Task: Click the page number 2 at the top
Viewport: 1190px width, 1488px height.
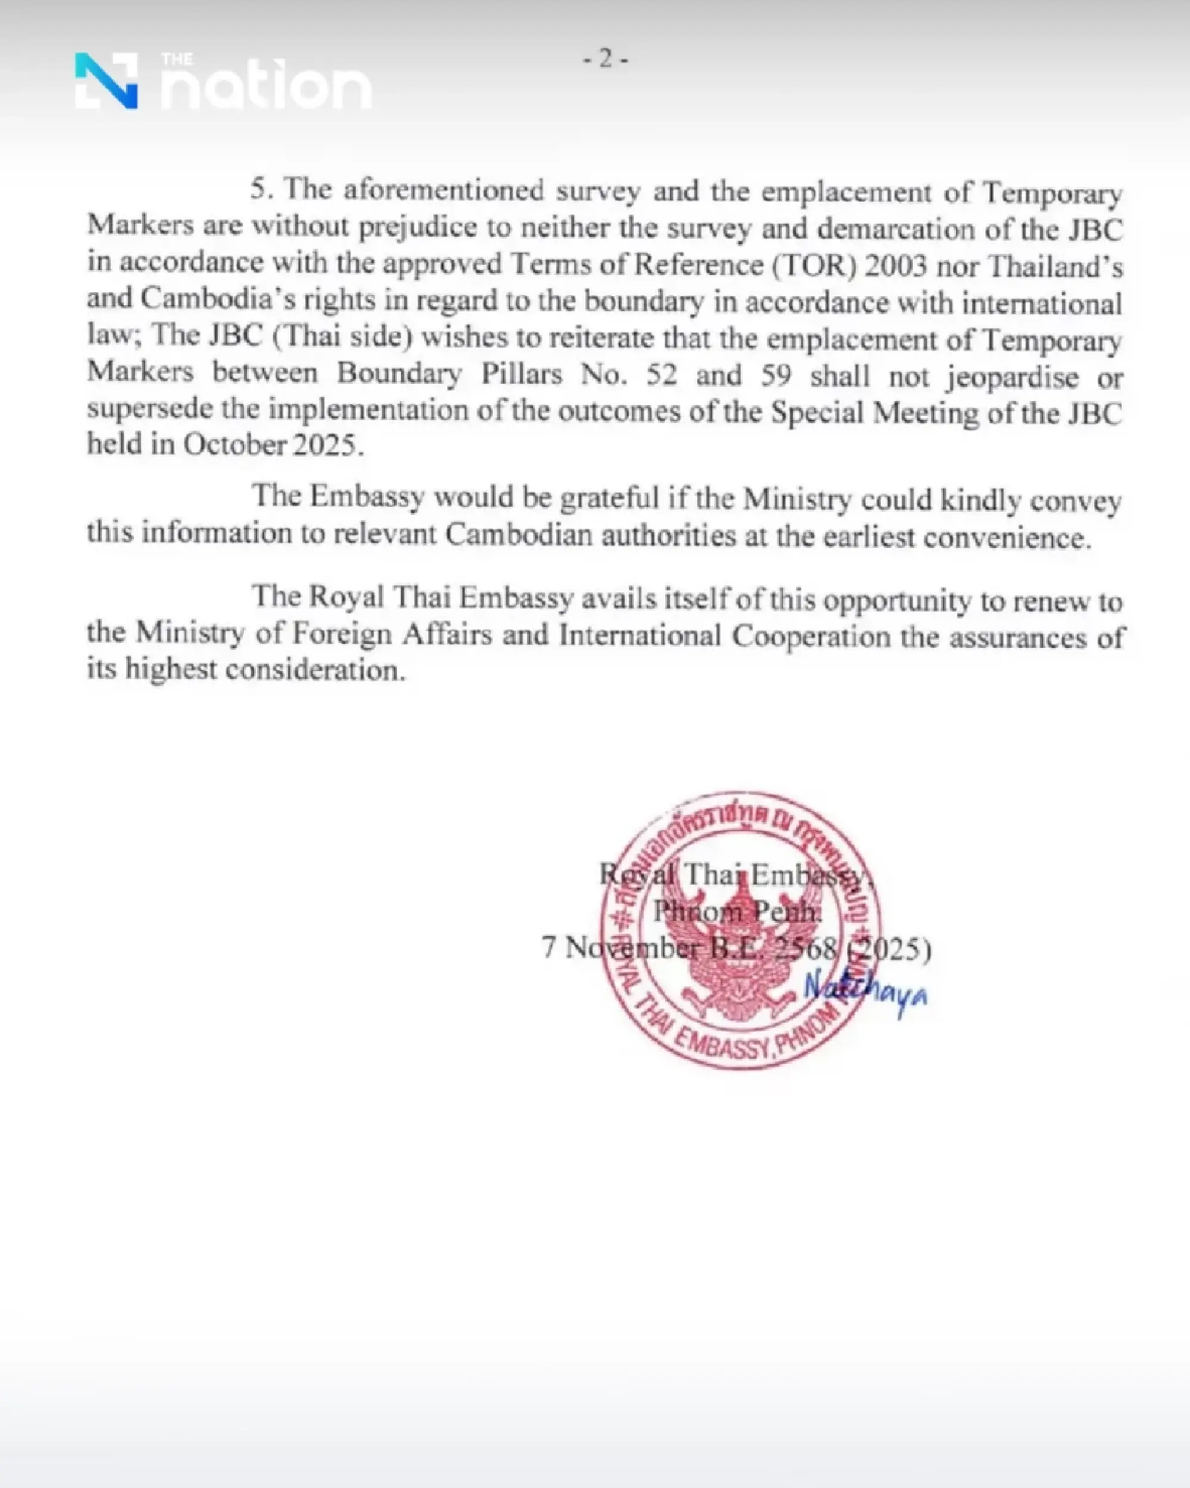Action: pos(605,59)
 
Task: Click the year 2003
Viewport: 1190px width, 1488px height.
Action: pos(895,266)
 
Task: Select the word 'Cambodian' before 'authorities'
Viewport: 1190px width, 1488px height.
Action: pos(518,535)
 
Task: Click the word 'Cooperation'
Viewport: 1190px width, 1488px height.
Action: pos(811,635)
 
